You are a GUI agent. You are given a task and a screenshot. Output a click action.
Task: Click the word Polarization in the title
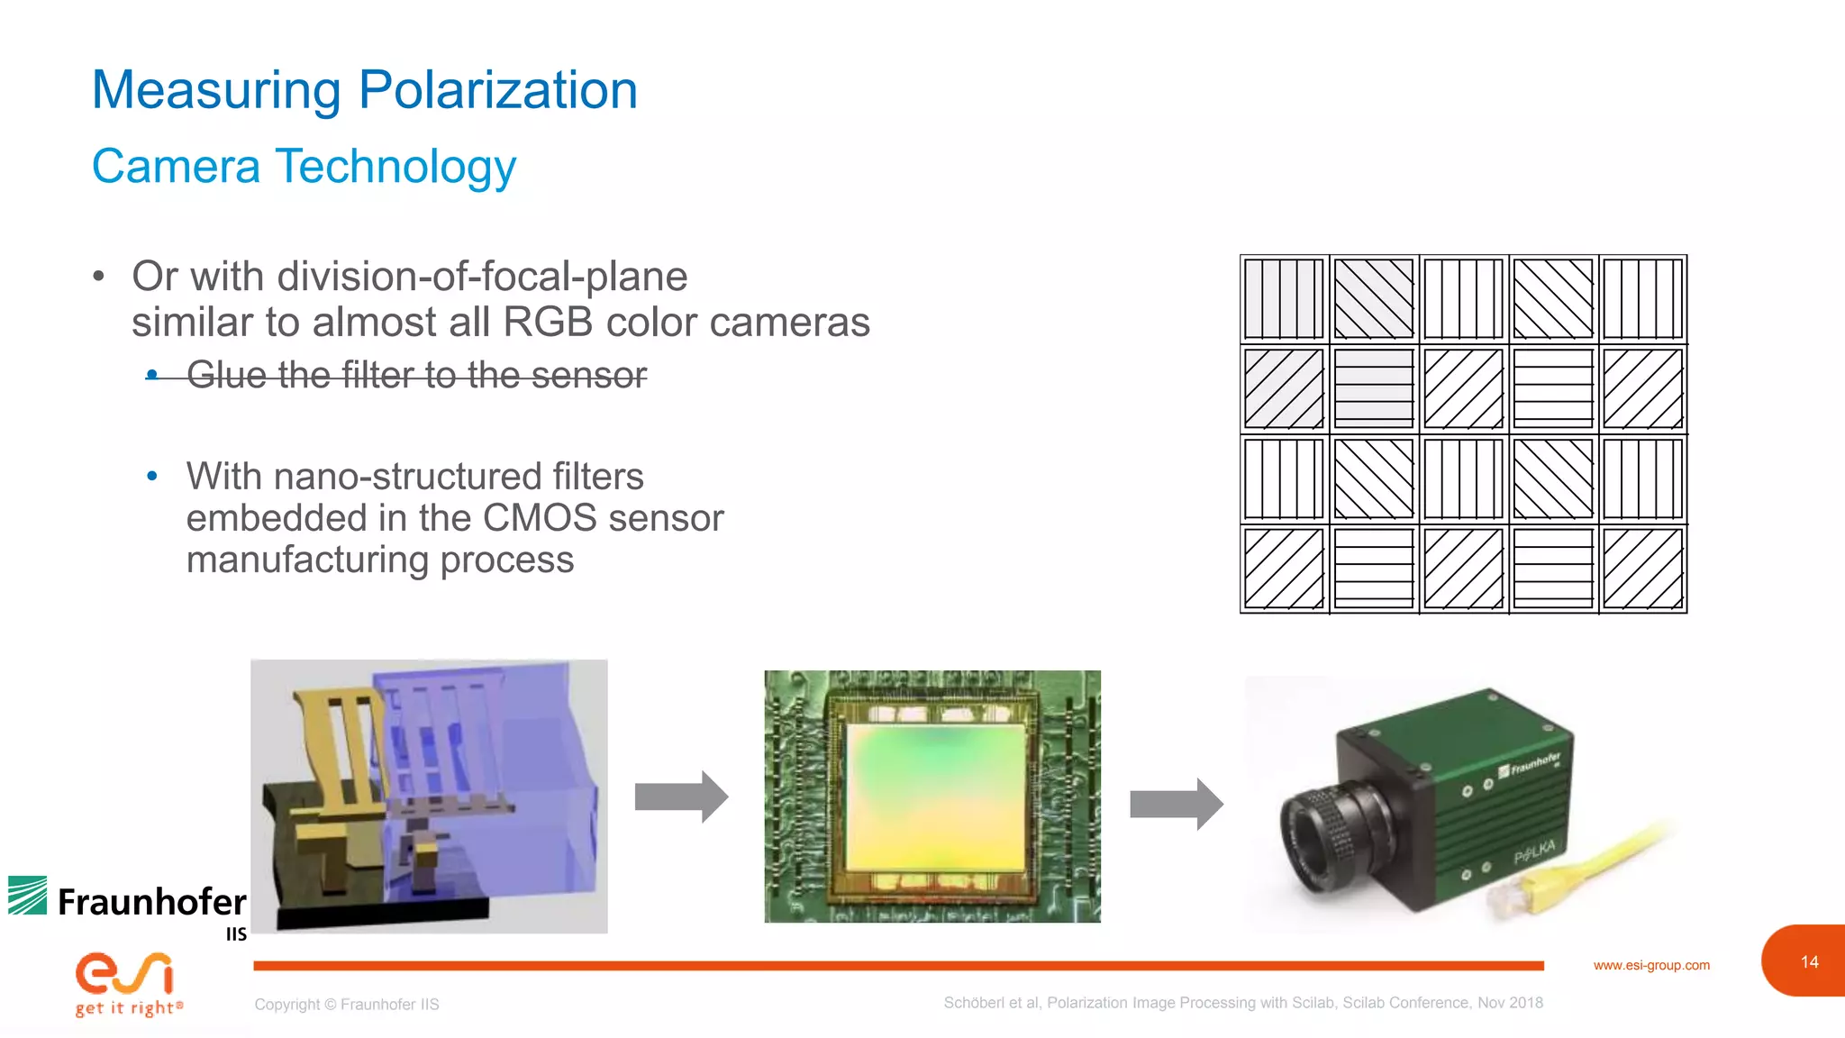[498, 91]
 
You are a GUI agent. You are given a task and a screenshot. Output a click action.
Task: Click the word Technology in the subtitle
[395, 167]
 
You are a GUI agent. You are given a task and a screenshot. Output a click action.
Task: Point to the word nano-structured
[407, 477]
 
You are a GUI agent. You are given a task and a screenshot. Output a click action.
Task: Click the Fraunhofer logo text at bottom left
[151, 902]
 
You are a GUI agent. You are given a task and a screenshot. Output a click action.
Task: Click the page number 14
[1809, 962]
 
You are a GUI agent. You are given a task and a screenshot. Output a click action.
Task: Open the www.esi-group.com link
[1651, 965]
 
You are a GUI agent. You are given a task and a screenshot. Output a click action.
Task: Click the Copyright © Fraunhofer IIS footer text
[347, 1005]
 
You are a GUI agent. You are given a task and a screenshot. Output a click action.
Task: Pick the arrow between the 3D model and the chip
[681, 797]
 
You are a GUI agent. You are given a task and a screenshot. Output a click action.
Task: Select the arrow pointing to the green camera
[1176, 803]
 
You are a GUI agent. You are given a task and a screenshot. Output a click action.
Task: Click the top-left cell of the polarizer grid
[1285, 299]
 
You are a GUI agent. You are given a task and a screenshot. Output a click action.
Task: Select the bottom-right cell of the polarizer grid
[1643, 569]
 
